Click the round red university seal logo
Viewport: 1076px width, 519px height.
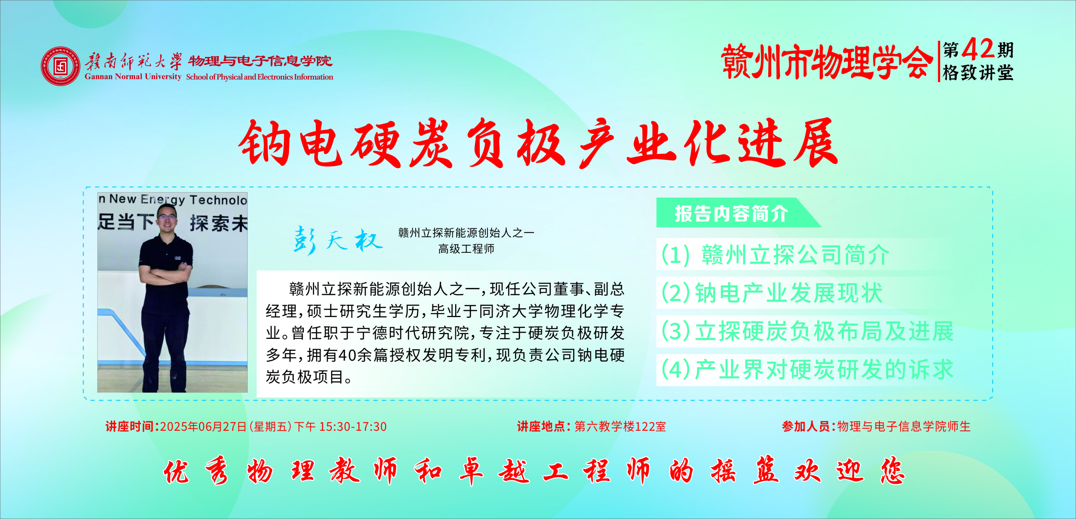[61, 66]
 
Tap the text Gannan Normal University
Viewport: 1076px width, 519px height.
[133, 77]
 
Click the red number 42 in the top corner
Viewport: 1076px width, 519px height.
[978, 49]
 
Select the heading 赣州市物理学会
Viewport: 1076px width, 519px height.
[827, 62]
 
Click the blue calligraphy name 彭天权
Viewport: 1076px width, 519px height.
[338, 240]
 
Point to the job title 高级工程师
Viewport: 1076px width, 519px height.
[466, 249]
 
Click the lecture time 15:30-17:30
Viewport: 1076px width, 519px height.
[353, 426]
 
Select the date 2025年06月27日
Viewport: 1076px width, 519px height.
[203, 426]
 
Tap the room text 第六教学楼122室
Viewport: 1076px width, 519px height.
[620, 426]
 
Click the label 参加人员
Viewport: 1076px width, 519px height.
[806, 426]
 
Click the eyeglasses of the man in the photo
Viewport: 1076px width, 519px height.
[166, 216]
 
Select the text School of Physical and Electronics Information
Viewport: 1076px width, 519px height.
[260, 77]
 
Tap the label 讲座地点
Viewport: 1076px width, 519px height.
[541, 426]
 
